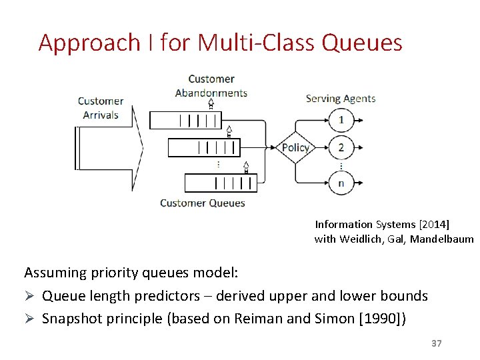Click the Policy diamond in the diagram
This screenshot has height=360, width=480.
(x=295, y=147)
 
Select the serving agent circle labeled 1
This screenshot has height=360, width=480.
(x=341, y=120)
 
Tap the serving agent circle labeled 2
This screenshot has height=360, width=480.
(x=341, y=147)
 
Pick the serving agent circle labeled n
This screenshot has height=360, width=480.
(x=341, y=182)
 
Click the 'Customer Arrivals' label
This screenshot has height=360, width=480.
(x=101, y=108)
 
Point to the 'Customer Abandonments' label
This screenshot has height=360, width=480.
(x=211, y=86)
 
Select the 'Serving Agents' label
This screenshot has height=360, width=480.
(x=340, y=99)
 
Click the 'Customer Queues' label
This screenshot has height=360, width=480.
(x=203, y=203)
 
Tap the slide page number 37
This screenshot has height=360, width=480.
(x=437, y=343)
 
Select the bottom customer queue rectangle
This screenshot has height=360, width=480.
(x=220, y=182)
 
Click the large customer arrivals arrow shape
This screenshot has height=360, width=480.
(x=110, y=147)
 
